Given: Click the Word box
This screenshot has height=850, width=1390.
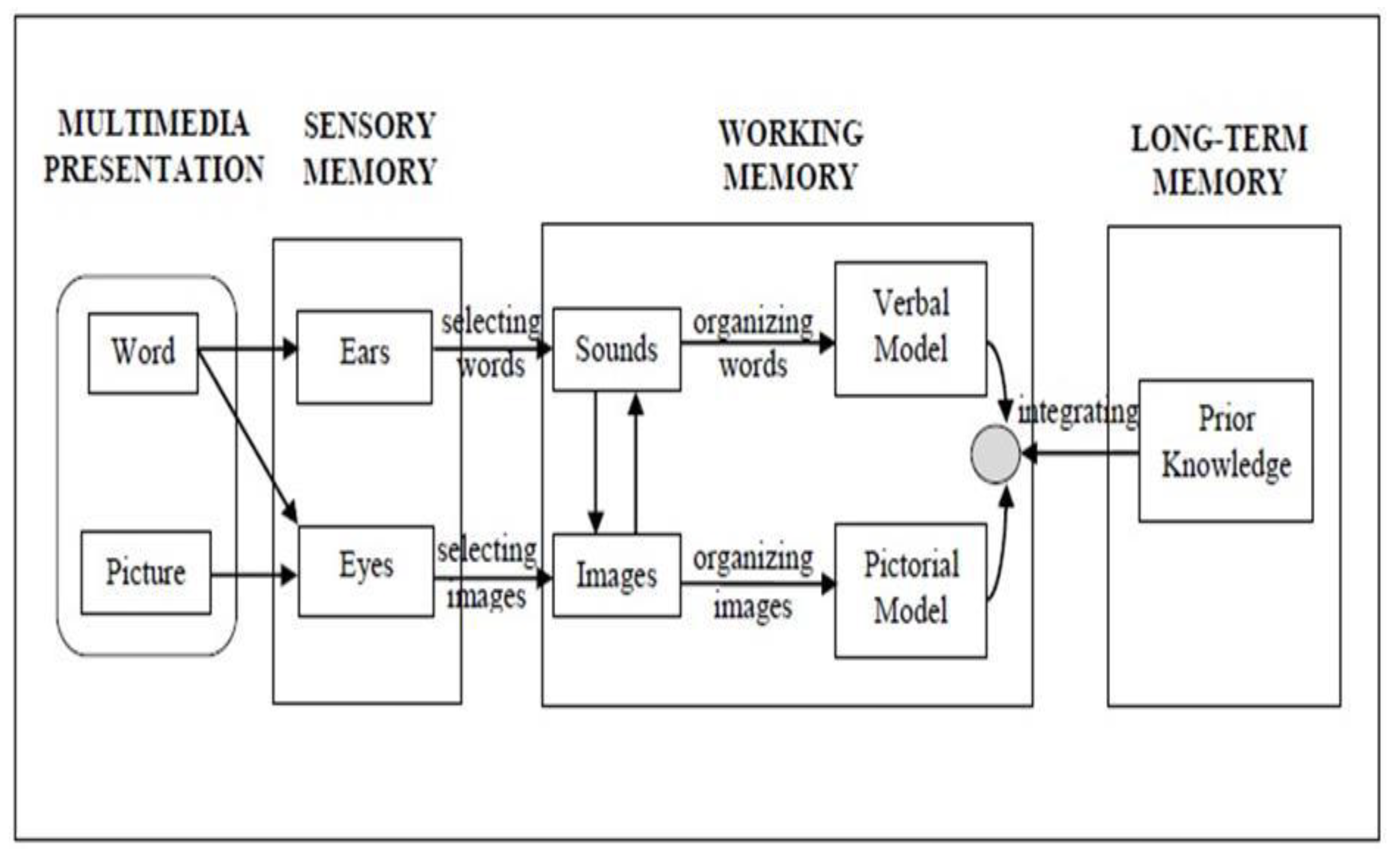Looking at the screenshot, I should [x=143, y=353].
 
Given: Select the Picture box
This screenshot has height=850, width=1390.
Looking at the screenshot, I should [x=146, y=572].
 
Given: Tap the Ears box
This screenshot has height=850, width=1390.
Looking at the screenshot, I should [x=365, y=357].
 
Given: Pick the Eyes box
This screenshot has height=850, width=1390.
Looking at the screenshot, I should [x=366, y=571].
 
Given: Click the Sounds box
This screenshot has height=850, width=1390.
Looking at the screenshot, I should [x=616, y=349].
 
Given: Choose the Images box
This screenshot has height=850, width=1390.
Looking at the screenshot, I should [x=616, y=575].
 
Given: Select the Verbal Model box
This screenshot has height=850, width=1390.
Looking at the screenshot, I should [x=910, y=329].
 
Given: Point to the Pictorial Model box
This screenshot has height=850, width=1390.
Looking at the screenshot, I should [x=910, y=590].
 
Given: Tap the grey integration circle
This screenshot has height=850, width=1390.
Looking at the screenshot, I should [x=995, y=454].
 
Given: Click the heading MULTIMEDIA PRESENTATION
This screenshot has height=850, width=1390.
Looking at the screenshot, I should [x=153, y=147].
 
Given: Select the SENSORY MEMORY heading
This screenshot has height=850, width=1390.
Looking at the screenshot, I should [x=370, y=148].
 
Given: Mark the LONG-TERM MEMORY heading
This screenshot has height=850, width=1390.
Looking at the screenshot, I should [x=1219, y=160].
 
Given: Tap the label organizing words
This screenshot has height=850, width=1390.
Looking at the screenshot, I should [x=753, y=343].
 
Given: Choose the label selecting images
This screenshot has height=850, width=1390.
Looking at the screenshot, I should [x=487, y=573].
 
